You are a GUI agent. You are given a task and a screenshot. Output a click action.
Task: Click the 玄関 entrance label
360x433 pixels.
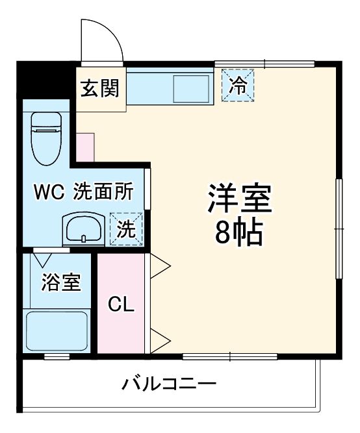[99, 88]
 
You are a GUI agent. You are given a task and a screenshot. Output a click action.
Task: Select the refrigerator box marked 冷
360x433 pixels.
[239, 86]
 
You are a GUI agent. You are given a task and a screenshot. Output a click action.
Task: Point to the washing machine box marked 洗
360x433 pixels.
[126, 229]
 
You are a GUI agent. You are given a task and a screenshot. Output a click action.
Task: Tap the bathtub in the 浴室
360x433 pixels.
[57, 331]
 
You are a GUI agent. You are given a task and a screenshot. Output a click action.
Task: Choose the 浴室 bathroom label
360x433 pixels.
[60, 283]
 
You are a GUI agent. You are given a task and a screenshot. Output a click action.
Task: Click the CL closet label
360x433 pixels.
[122, 304]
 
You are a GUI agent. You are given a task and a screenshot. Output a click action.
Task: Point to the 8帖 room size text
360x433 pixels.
[239, 232]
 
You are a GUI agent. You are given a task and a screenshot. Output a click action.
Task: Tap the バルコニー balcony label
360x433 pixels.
[169, 384]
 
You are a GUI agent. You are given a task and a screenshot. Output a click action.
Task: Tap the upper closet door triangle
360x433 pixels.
[159, 265]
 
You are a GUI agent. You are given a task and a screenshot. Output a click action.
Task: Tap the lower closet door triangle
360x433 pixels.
[159, 339]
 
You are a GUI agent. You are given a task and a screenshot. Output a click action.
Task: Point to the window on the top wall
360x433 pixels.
[265, 64]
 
